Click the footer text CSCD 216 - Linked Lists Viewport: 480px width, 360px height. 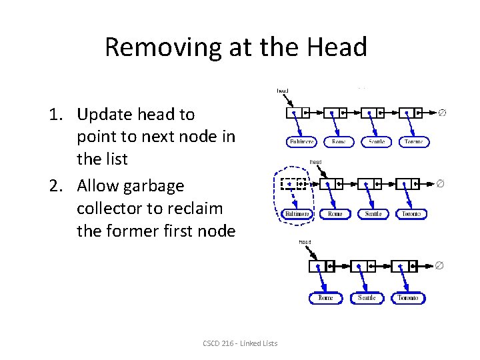pos(240,343)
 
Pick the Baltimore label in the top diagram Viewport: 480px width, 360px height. pos(301,142)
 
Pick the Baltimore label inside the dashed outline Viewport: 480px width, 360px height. pos(297,214)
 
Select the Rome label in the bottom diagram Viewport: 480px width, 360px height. pos(326,298)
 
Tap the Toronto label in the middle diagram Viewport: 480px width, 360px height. pos(411,214)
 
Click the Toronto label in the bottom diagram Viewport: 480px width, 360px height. pos(408,298)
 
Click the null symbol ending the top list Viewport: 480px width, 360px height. pos(442,113)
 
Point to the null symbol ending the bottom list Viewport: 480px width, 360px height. pos(439,266)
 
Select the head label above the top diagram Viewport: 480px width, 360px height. pos(283,91)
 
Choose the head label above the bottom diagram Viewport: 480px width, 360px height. pos(305,242)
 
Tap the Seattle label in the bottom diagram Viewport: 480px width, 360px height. pos(367,298)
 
